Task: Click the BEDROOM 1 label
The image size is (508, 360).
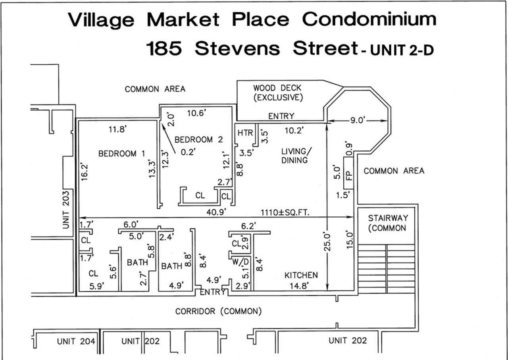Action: click(121, 154)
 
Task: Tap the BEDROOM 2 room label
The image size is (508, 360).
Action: click(199, 139)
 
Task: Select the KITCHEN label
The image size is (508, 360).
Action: click(301, 275)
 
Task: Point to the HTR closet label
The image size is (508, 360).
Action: click(245, 133)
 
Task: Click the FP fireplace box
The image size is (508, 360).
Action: click(348, 173)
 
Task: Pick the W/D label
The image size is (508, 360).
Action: click(241, 262)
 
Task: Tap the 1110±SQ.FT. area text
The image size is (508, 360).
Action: click(285, 213)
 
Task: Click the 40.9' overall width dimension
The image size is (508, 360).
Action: click(216, 212)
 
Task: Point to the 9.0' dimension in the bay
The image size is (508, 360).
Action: click(358, 120)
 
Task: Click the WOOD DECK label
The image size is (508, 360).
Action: click(277, 88)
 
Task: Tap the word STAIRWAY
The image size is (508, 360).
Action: click(388, 218)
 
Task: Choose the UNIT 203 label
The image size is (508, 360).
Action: click(65, 210)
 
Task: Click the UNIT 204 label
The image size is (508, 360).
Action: click(76, 341)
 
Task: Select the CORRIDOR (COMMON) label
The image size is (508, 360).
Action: click(218, 311)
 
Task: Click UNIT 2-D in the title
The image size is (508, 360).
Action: click(402, 50)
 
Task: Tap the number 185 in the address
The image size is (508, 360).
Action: click(164, 48)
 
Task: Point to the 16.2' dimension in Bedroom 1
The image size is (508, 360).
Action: click(84, 172)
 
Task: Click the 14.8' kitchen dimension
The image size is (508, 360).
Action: click(299, 286)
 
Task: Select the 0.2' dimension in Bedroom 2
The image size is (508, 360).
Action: click(188, 152)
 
